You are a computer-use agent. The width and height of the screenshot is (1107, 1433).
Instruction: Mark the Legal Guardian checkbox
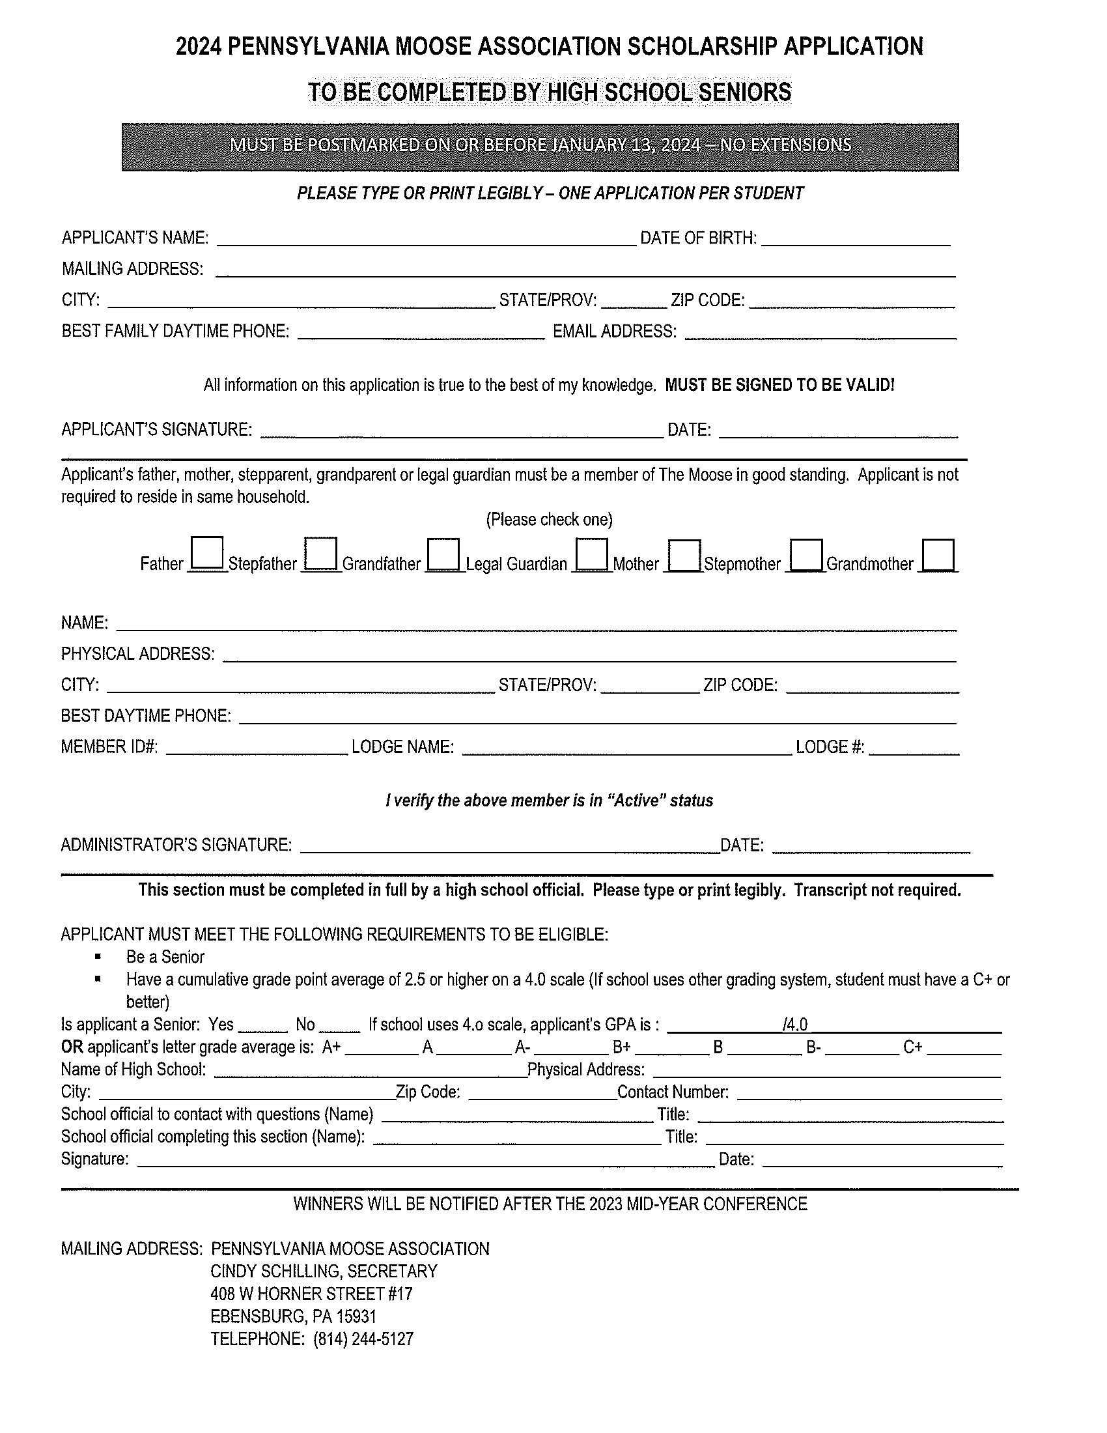(592, 554)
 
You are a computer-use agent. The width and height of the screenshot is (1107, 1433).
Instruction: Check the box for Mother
(684, 556)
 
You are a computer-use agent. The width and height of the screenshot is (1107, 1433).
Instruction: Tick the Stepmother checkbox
(807, 556)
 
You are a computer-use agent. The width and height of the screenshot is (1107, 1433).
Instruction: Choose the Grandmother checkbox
(938, 556)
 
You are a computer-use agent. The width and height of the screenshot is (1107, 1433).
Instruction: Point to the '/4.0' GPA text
(795, 1025)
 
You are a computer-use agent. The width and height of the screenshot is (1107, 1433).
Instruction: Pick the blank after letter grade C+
(964, 1048)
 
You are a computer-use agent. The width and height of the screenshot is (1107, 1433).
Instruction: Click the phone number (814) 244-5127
(363, 1339)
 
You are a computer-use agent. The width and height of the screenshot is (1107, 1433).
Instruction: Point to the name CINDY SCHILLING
(275, 1271)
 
